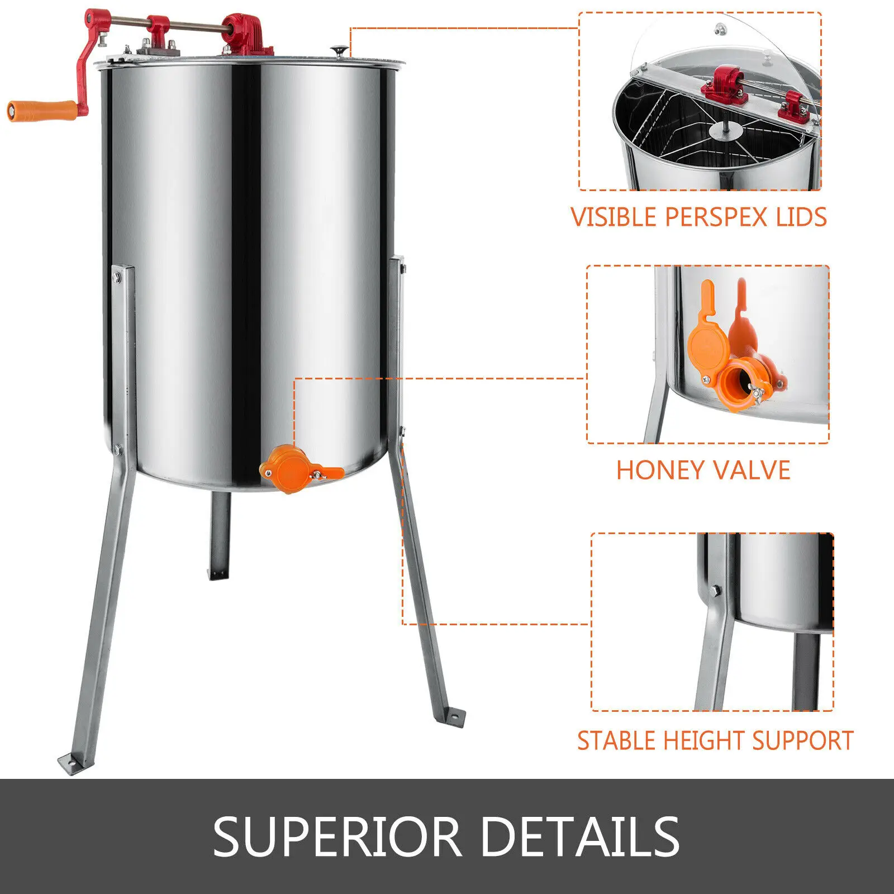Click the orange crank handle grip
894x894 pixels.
[42, 110]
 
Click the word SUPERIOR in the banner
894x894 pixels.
[337, 836]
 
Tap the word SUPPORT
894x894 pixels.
[803, 741]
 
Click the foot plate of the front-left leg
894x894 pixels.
[72, 761]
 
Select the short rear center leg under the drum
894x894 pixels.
[220, 535]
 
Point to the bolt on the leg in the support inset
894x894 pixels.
[715, 590]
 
